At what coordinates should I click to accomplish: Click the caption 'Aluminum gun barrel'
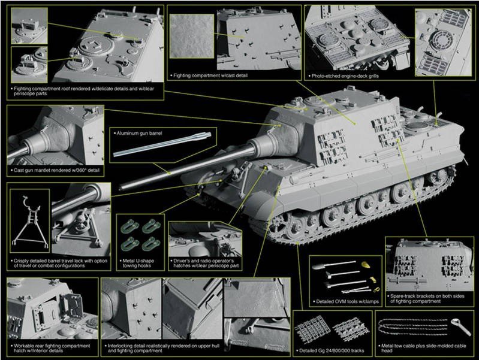pos(140,132)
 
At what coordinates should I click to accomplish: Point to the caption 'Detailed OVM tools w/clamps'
pos(346,301)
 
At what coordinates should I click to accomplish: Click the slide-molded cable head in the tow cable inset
pos(461,326)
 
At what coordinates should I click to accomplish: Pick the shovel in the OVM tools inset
pos(332,264)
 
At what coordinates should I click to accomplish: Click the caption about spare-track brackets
pos(427,298)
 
